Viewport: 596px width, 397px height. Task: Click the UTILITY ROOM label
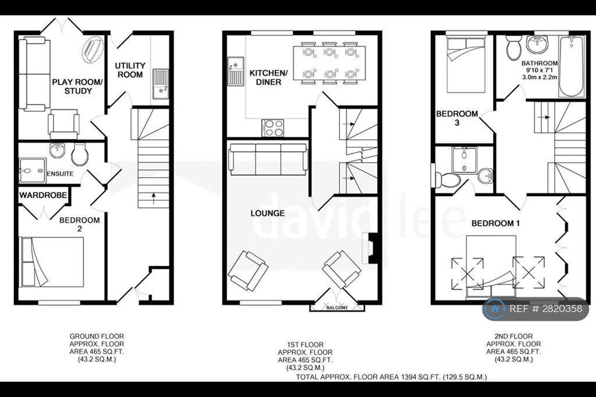pos(130,70)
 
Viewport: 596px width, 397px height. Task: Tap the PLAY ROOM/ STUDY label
pos(77,86)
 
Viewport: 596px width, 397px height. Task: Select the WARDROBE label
pos(43,195)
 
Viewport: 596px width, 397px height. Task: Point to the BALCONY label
pos(337,307)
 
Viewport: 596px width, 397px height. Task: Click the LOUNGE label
pos(268,213)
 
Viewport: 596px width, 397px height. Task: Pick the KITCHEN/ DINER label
pos(268,77)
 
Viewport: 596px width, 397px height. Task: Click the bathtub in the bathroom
pos(571,66)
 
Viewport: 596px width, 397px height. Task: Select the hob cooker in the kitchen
pos(272,127)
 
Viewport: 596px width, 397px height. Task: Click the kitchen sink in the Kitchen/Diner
pos(236,71)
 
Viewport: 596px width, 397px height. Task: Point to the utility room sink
pos(161,84)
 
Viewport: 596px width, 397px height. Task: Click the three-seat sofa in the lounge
pos(268,159)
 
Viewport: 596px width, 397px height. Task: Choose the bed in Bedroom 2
pos(52,262)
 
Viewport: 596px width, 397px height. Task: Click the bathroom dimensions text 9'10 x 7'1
pos(540,70)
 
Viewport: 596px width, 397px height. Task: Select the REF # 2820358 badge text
pos(545,309)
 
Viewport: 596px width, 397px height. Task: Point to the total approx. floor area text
pos(391,377)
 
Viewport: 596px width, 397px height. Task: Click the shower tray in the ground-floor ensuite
pos(33,171)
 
